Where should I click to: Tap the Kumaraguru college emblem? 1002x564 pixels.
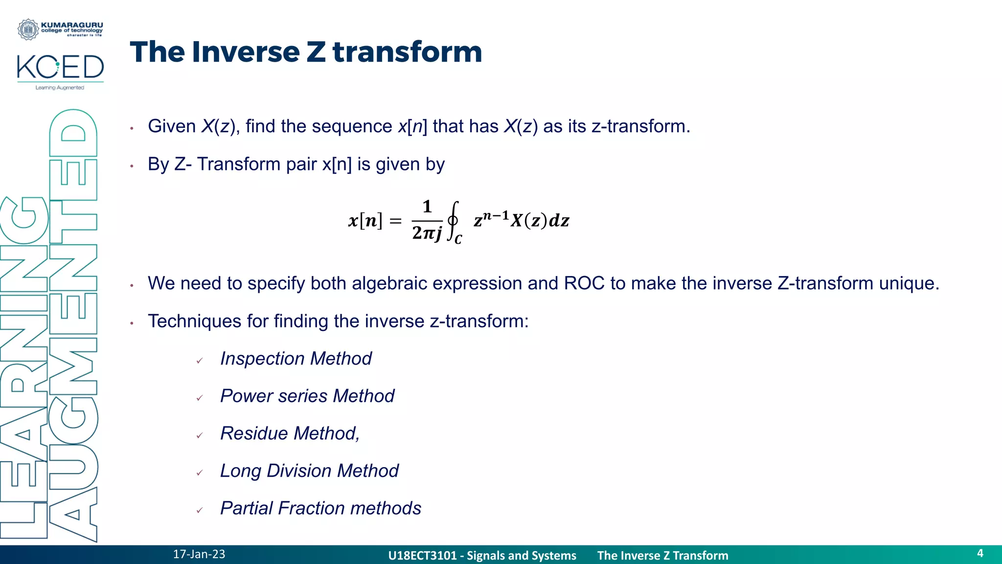click(28, 29)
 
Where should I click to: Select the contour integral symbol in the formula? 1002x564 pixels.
click(454, 221)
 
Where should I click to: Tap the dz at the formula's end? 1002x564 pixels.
click(559, 221)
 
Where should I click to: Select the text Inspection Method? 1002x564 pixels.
click(296, 359)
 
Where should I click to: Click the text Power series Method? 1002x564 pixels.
click(307, 396)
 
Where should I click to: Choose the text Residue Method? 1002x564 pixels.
click(289, 434)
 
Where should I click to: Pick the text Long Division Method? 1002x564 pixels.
click(309, 471)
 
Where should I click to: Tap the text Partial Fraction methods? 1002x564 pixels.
click(320, 508)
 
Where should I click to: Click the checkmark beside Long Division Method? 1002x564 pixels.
click(200, 473)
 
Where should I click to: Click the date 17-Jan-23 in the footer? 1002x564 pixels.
click(199, 554)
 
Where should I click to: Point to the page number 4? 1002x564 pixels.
click(980, 553)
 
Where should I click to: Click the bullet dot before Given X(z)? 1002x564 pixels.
click(132, 128)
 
